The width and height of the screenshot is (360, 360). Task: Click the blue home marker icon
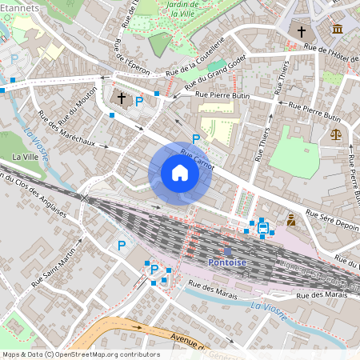pos(180,173)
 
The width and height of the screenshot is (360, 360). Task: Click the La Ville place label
pos(26,157)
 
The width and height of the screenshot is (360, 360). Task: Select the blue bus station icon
pos(262,227)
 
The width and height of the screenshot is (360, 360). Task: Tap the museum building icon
pos(337,30)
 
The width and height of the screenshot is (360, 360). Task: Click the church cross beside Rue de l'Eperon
pos(122,98)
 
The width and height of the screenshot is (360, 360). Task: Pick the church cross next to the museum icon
pos(302,32)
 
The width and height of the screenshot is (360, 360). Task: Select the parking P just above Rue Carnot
pos(195,139)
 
